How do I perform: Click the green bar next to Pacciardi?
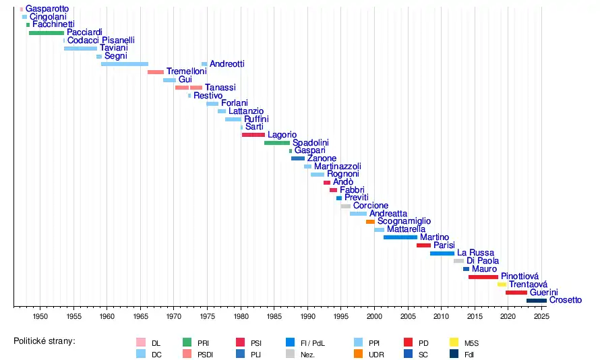[46, 32]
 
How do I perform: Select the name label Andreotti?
[227, 64]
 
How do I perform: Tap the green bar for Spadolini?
[276, 143]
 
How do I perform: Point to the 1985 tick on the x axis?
[274, 306]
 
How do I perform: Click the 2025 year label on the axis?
[539, 316]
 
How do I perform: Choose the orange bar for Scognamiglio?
[370, 222]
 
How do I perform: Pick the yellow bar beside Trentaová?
[502, 284]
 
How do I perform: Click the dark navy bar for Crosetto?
[537, 301]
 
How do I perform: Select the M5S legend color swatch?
[454, 342]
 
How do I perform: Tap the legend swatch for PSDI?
[187, 353]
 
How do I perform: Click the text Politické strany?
[44, 341]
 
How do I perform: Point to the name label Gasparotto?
[47, 9]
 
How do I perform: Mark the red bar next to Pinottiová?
[483, 277]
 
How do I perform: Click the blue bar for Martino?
[400, 237]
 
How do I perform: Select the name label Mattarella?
[406, 230]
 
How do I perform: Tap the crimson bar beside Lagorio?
[253, 135]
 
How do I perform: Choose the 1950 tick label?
[40, 316]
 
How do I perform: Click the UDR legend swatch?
[357, 353]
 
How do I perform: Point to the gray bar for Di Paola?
[458, 261]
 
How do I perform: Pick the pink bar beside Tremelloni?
[156, 72]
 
